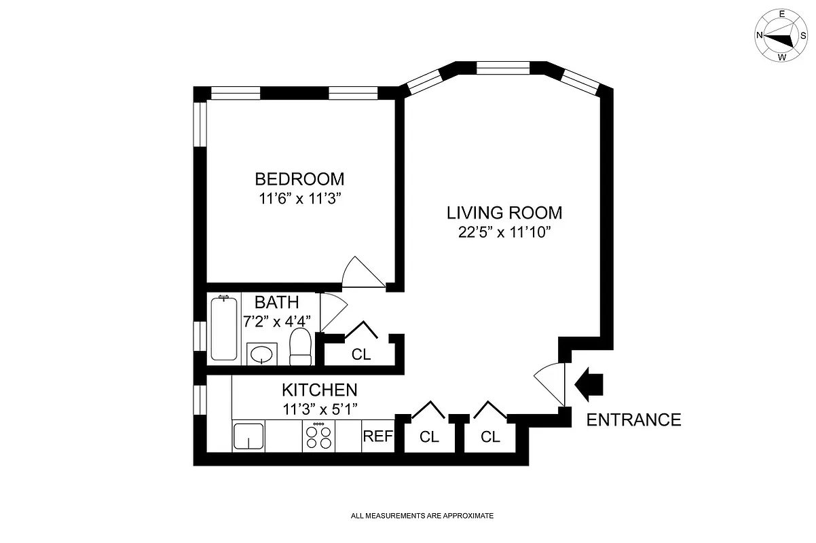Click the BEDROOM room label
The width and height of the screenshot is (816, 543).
pos(299,179)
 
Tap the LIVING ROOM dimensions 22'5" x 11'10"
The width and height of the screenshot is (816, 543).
pos(504,233)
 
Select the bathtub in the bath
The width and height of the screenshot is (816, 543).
pos(225,328)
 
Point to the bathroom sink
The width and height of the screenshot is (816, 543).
pos(261,354)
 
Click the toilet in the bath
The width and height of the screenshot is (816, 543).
pos(300,348)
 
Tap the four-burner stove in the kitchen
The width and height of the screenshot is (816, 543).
pos(319,435)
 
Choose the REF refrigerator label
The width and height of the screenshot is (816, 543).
pos(377,436)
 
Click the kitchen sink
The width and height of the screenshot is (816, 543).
pos(248,435)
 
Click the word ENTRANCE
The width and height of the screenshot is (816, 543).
pos(633,420)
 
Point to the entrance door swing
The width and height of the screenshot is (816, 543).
pos(551,383)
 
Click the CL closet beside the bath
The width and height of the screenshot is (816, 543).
pos(361,354)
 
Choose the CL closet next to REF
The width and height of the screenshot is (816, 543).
pos(429,437)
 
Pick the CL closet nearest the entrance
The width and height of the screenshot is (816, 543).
pos(490,437)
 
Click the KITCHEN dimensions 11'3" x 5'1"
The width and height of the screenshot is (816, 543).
pos(320,409)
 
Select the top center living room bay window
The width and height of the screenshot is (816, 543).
pos(503,67)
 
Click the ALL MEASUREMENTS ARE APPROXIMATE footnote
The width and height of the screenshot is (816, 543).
pos(422,516)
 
